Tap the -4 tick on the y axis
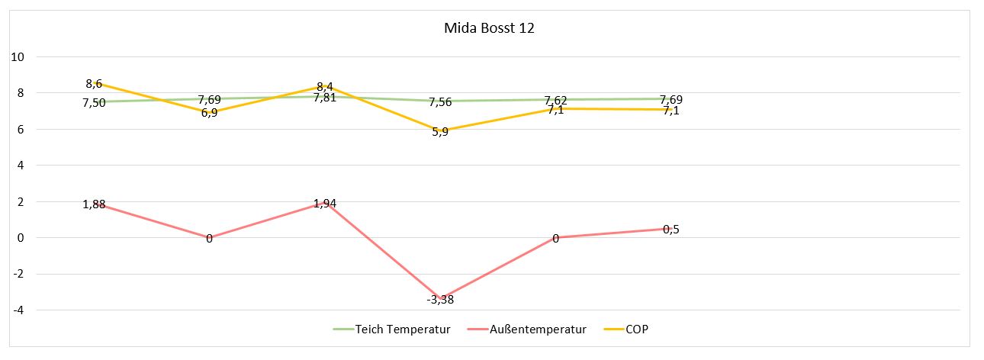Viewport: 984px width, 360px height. [18, 310]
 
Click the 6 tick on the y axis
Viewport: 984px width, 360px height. [21, 130]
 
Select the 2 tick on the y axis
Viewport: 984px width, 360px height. [21, 202]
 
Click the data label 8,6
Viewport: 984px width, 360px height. [94, 84]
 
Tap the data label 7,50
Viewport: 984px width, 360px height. [94, 103]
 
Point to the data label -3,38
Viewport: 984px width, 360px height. [441, 300]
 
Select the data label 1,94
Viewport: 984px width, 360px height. [325, 204]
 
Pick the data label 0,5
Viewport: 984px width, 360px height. [670, 230]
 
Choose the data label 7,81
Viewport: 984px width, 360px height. [325, 98]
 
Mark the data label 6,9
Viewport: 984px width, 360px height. [209, 112]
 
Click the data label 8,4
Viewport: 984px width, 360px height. [325, 86]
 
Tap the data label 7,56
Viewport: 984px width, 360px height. [440, 102]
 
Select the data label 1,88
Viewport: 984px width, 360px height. [94, 204]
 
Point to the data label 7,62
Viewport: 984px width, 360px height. [555, 101]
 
